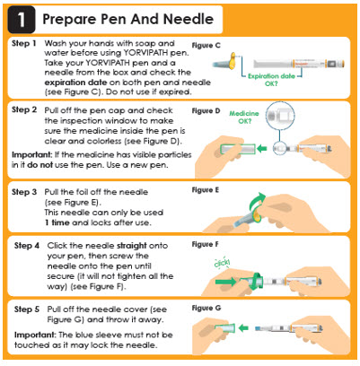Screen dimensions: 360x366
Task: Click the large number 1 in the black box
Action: pyautogui.click(x=21, y=20)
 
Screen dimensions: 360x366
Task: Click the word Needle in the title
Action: pyautogui.click(x=189, y=19)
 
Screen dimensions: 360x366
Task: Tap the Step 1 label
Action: pyautogui.click(x=24, y=44)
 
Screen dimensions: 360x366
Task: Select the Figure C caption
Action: pyautogui.click(x=206, y=46)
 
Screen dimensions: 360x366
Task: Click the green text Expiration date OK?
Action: pyautogui.click(x=271, y=80)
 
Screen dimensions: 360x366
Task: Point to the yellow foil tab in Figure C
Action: pyautogui.click(x=233, y=61)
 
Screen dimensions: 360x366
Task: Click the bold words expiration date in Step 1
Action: pyautogui.click(x=75, y=83)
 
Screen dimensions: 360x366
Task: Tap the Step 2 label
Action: pyautogui.click(x=24, y=109)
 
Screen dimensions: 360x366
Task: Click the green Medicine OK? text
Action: pyautogui.click(x=244, y=117)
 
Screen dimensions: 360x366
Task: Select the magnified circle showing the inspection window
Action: pyautogui.click(x=280, y=116)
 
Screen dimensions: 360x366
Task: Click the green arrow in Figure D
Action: pyautogui.click(x=262, y=148)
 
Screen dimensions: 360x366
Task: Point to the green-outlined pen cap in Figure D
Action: pyautogui.click(x=238, y=149)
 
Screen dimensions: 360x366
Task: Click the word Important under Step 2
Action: pyautogui.click(x=31, y=155)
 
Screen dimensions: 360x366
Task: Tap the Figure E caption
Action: pyautogui.click(x=206, y=190)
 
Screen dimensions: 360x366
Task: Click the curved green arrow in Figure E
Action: pyautogui.click(x=255, y=204)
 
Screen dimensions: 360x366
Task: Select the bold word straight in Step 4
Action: pyautogui.click(x=132, y=246)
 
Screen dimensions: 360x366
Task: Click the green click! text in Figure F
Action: pyautogui.click(x=222, y=263)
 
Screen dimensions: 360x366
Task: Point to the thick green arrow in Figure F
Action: pyautogui.click(x=225, y=282)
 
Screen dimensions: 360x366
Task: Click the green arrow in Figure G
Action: pyautogui.click(x=243, y=328)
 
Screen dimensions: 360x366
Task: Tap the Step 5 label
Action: pyautogui.click(x=27, y=309)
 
